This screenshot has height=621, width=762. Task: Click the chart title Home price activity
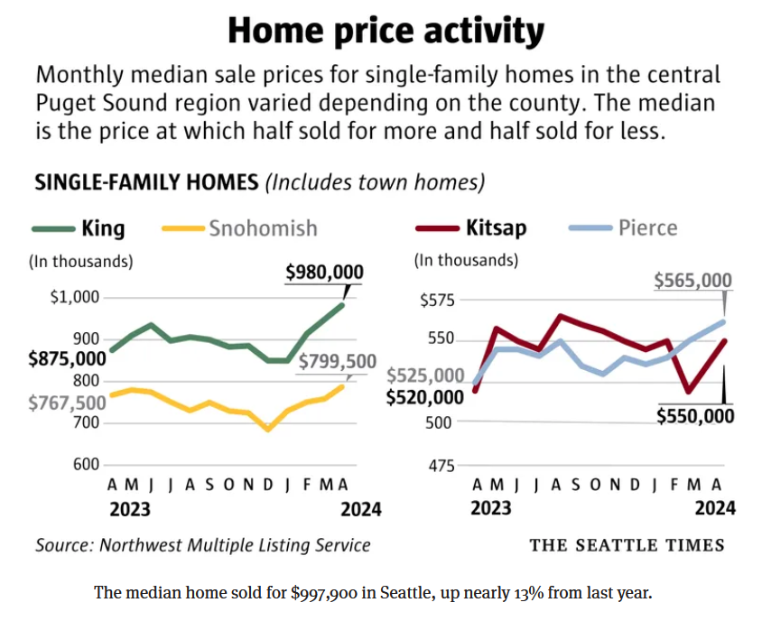click(386, 32)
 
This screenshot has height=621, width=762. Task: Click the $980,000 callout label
click(324, 272)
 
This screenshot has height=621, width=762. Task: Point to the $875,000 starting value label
click(68, 358)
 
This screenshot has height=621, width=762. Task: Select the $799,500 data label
click(336, 362)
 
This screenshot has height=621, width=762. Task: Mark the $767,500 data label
click(67, 403)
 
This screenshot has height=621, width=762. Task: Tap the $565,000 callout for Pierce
click(693, 281)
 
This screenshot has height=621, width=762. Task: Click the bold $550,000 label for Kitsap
click(694, 416)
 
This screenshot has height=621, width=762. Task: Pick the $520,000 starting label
click(424, 397)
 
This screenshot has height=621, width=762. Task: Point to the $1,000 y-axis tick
click(79, 297)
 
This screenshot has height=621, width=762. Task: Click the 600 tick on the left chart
click(85, 464)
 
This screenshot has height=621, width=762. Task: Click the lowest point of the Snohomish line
click(267, 429)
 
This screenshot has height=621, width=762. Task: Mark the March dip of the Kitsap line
click(689, 391)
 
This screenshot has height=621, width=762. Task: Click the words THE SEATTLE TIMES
click(627, 544)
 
